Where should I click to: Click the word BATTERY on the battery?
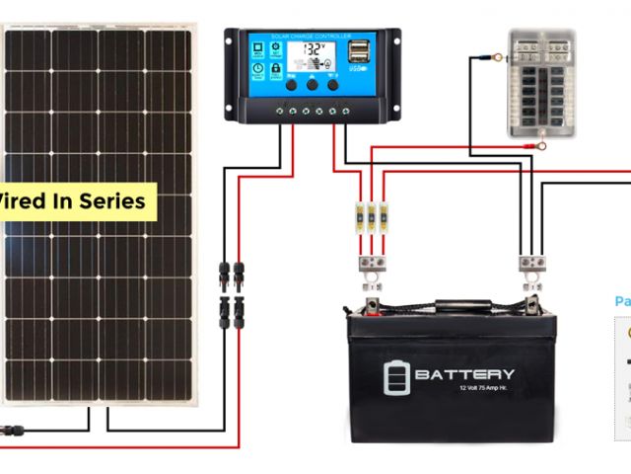[x=464, y=374]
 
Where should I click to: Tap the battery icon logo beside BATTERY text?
[x=394, y=376]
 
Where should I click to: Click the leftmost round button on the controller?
[x=293, y=85]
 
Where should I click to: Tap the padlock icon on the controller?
[x=275, y=69]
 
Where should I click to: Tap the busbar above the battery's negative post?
[x=533, y=263]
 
